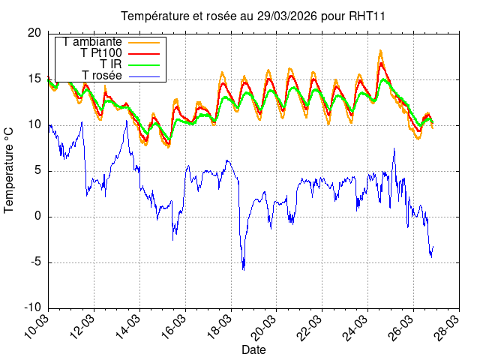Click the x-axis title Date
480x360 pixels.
[x=253, y=349]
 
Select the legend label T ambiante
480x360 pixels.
[x=93, y=42]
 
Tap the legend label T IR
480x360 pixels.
[x=111, y=64]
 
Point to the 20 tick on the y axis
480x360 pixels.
[x=34, y=33]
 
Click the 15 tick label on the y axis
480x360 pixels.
[x=34, y=79]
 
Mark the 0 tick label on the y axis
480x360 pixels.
[x=38, y=217]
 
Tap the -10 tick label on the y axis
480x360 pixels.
[x=32, y=308]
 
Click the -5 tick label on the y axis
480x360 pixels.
[x=34, y=262]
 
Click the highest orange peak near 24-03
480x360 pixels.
[x=381, y=50]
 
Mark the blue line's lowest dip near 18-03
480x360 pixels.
[x=243, y=269]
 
